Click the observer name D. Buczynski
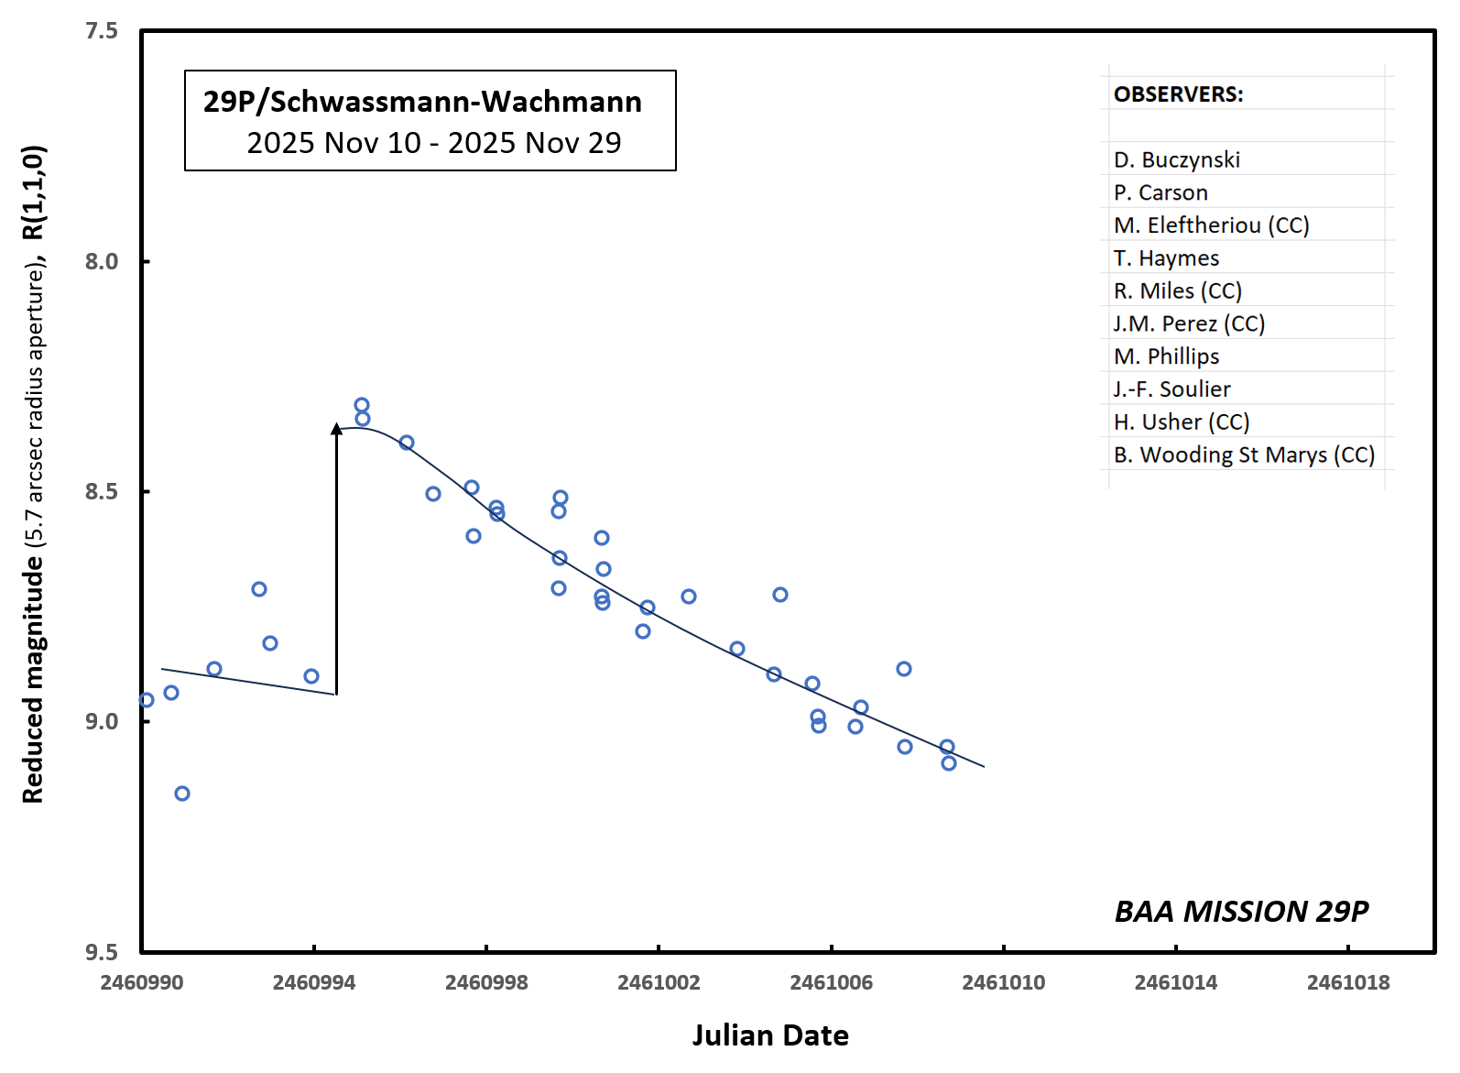pos(1176,159)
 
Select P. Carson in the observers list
pos(1160,192)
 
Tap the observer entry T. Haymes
pos(1166,258)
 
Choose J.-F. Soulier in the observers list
pos(1171,389)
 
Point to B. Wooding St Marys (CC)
pos(1244,455)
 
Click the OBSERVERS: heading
pos(1178,94)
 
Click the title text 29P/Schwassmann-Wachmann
pos(422,101)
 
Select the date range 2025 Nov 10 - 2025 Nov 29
pos(433,143)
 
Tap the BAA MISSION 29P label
pos(1241,911)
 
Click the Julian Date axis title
pos(770,1035)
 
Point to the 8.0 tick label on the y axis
pos(102,261)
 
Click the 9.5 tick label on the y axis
pos(102,952)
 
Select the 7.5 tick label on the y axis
pos(102,31)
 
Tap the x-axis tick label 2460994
pos(313,983)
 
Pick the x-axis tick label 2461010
pos(1003,983)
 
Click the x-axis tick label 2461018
pos(1347,983)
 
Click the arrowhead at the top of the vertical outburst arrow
pos(336,428)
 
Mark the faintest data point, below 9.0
pos(182,794)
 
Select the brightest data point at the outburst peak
pos(362,405)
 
